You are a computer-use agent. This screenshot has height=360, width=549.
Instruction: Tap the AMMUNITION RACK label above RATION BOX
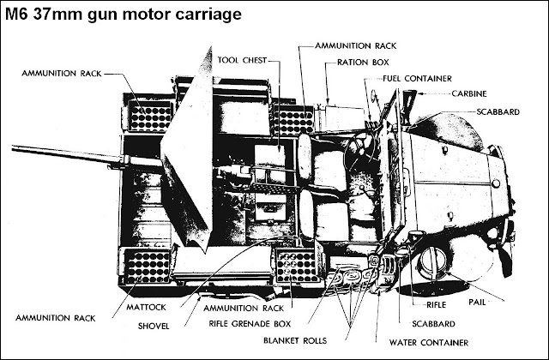pyautogui.click(x=355, y=44)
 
